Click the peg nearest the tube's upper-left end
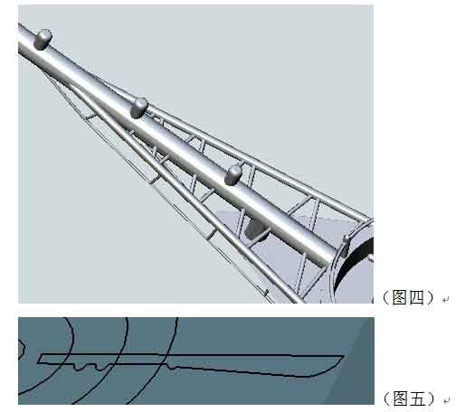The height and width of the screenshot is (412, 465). pyautogui.click(x=43, y=39)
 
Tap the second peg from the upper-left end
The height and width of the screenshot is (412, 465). pyautogui.click(x=139, y=108)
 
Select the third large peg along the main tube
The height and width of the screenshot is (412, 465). pyautogui.click(x=234, y=173)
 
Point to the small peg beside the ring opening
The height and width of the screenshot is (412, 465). pyautogui.click(x=346, y=239)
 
